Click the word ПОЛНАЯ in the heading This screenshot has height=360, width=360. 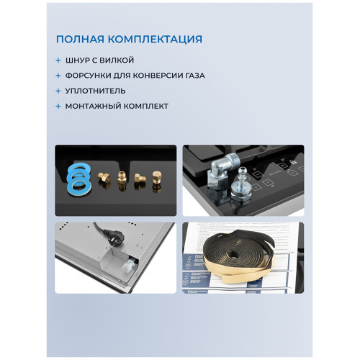click(80, 39)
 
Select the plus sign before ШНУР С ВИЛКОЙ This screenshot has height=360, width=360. click(58, 60)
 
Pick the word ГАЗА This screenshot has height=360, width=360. click(211, 76)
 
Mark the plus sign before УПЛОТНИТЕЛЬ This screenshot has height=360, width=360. click(58, 91)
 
